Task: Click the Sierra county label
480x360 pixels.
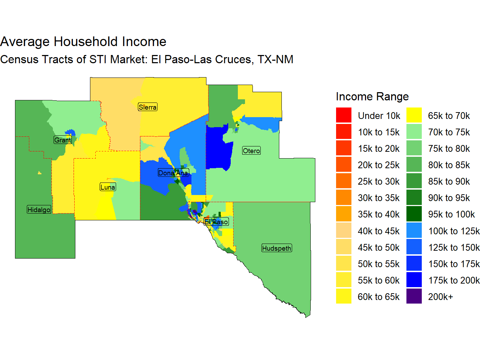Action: coord(147,107)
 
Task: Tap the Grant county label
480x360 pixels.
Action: coord(62,140)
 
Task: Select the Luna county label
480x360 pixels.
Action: coord(108,187)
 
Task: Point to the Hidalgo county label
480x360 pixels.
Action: coord(39,210)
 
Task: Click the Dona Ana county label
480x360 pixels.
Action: coord(173,173)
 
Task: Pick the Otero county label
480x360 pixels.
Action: coord(251,151)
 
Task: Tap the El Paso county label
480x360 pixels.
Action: coord(216,222)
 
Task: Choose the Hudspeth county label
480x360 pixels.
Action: coord(277,248)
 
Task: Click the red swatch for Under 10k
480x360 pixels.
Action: coord(344,115)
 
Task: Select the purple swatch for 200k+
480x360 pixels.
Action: coord(414,296)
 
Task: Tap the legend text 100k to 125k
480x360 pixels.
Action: coord(454,231)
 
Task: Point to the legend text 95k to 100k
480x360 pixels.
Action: coord(451,214)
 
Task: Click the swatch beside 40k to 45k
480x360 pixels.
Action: coord(344,231)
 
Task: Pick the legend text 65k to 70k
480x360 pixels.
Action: coord(449,116)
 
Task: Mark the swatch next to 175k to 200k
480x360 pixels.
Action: coord(414,280)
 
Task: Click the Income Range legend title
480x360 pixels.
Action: coord(372,96)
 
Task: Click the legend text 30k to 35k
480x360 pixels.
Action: coord(379,198)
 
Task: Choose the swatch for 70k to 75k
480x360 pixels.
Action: coord(414,132)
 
